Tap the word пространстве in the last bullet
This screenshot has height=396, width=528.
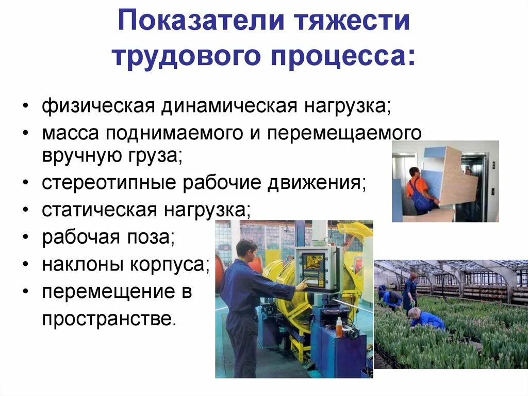point(109,319)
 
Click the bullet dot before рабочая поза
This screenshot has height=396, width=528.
point(26,238)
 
